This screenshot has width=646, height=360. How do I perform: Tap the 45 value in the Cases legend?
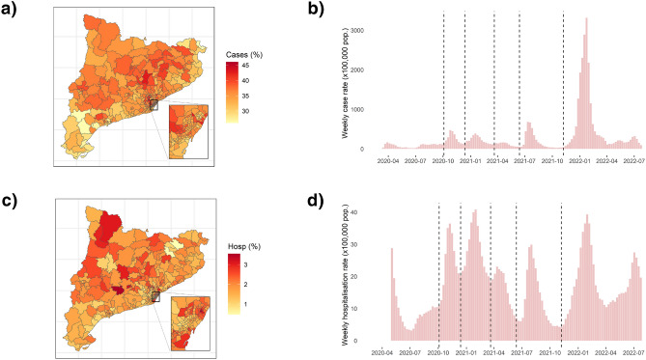(x=245, y=66)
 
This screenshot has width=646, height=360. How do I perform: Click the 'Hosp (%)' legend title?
(x=244, y=235)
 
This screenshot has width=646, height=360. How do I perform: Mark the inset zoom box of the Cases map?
(x=188, y=131)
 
